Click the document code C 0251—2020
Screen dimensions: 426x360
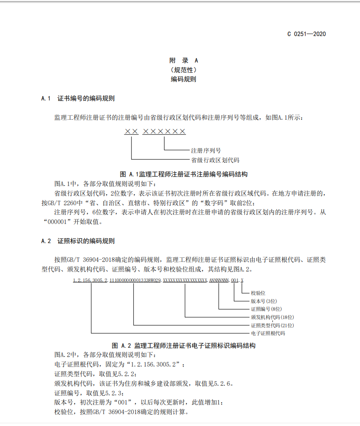(306, 34)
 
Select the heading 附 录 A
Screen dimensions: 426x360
(184, 60)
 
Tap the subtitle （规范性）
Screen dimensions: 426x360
(184, 70)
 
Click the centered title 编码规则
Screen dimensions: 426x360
(184, 79)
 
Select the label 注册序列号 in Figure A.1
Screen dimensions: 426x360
(206, 150)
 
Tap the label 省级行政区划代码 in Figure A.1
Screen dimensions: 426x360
(215, 160)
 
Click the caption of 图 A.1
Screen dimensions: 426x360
(184, 174)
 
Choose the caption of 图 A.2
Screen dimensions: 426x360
(184, 346)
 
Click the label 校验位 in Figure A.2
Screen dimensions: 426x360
(259, 293)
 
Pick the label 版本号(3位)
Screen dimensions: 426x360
(264, 301)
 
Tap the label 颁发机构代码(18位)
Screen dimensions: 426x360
(272, 317)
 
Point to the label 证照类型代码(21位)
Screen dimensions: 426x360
(272, 325)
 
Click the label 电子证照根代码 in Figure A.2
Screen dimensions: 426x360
(268, 333)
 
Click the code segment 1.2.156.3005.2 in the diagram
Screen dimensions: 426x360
(90, 280)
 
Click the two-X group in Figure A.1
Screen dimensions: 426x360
(131, 132)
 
